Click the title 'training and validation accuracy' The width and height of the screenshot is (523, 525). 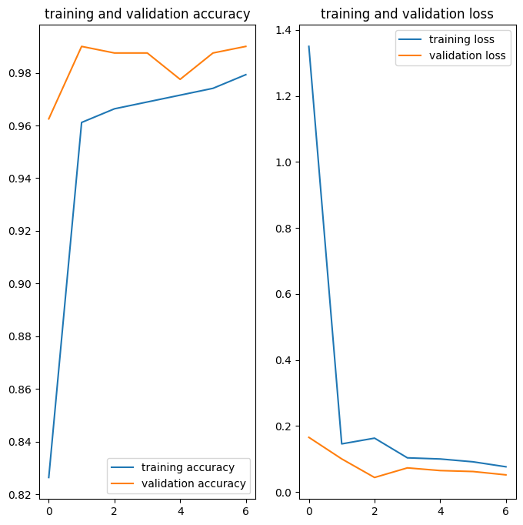click(148, 14)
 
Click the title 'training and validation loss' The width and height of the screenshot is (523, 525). click(407, 14)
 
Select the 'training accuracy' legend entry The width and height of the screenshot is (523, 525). click(188, 467)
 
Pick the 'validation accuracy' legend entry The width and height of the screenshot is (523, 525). click(193, 483)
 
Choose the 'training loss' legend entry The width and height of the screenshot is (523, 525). click(461, 39)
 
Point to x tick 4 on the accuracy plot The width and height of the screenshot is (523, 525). click(180, 510)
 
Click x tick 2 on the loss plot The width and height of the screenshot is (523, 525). click(375, 510)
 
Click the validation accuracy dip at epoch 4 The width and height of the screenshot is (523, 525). click(180, 79)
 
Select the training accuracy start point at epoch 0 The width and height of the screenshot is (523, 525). click(48, 477)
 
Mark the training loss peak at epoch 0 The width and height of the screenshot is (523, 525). click(309, 46)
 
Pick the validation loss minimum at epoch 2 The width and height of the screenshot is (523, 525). click(375, 477)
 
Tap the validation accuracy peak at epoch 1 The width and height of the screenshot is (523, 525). click(82, 46)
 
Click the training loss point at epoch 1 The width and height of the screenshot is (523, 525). click(341, 443)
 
